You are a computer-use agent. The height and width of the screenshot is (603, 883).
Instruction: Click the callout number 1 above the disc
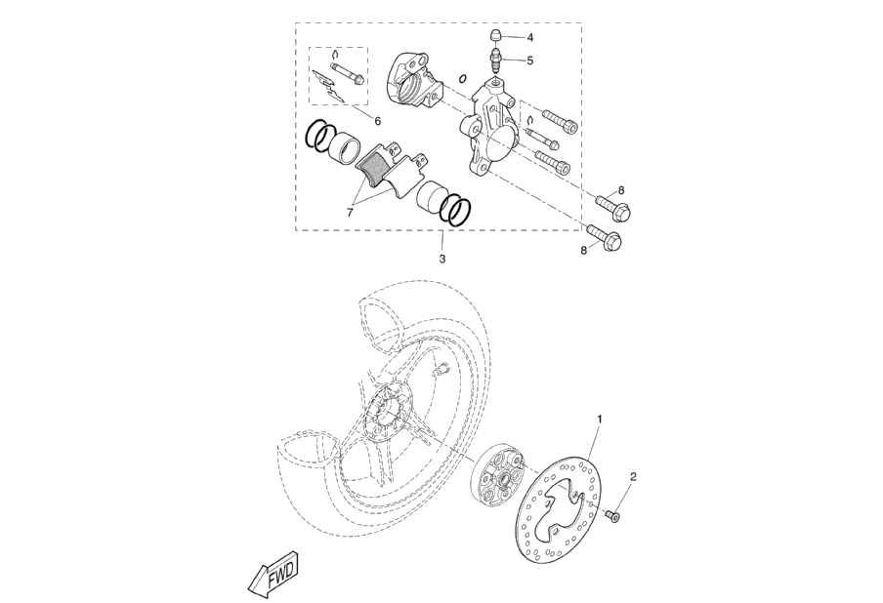click(x=600, y=418)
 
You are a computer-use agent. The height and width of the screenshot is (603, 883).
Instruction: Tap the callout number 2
click(x=634, y=477)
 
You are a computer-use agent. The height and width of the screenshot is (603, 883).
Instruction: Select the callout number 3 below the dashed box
click(x=442, y=260)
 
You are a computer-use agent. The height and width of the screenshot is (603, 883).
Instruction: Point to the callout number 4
click(x=529, y=37)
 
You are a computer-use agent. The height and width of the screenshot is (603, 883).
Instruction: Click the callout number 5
click(x=529, y=60)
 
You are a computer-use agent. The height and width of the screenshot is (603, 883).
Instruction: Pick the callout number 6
click(x=377, y=120)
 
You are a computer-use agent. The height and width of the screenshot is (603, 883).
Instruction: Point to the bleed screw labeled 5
click(x=497, y=63)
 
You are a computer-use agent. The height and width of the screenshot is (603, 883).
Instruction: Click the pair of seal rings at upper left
click(x=318, y=136)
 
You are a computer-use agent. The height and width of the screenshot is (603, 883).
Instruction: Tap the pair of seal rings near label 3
click(x=456, y=208)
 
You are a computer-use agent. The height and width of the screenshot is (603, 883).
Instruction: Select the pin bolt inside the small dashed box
click(x=347, y=73)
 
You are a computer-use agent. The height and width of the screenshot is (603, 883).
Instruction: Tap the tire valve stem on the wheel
click(x=439, y=370)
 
